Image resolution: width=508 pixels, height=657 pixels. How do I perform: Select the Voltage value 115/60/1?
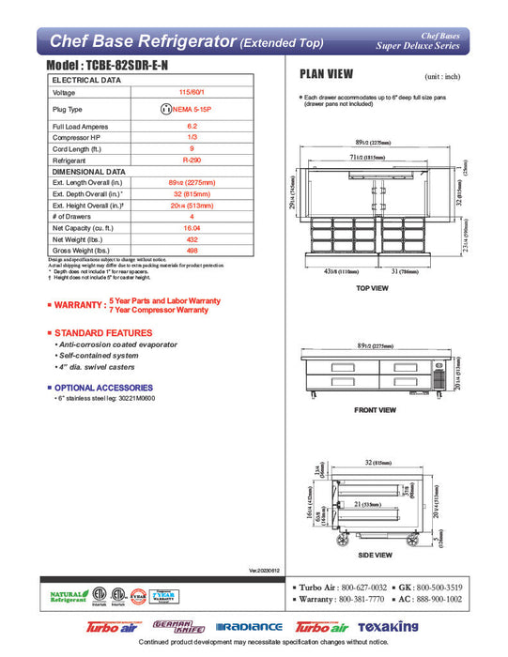point(192,93)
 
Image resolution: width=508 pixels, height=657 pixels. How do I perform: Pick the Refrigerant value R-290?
point(192,160)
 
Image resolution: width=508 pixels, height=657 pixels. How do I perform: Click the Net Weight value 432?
point(192,238)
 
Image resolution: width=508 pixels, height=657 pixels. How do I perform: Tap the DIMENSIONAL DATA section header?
point(89,173)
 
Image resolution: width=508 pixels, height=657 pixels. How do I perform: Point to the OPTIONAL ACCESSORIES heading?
point(105,388)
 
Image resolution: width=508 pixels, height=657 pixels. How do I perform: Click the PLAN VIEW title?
point(326,74)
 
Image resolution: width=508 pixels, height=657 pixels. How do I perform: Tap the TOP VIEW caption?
point(373,288)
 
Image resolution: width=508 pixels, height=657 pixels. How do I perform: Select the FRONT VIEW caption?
point(374,410)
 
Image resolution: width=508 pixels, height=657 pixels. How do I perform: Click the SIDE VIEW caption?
point(373,556)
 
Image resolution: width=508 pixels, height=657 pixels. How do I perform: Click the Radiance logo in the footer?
point(249,627)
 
